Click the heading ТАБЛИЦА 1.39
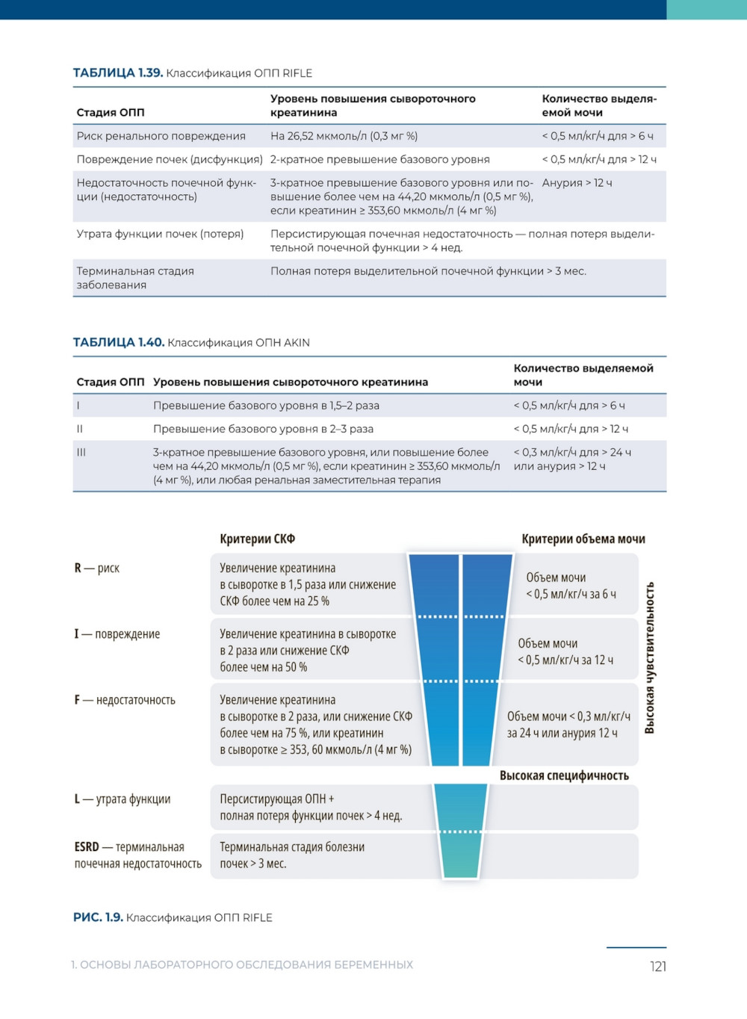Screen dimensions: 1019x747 pyautogui.click(x=117, y=73)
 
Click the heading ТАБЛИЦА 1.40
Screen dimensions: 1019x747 pyautogui.click(x=118, y=343)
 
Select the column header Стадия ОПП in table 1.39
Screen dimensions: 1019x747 pyautogui.click(x=111, y=113)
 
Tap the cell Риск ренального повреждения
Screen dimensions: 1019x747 pyautogui.click(x=161, y=136)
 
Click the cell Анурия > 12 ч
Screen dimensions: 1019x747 pyautogui.click(x=577, y=183)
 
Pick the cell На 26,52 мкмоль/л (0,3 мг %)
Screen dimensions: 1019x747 pyautogui.click(x=344, y=136)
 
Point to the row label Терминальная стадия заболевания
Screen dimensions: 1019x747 pyautogui.click(x=134, y=278)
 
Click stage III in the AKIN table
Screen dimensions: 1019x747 pyautogui.click(x=81, y=453)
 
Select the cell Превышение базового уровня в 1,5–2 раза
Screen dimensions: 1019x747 pyautogui.click(x=266, y=406)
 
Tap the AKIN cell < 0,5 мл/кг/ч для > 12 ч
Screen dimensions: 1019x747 pyautogui.click(x=571, y=429)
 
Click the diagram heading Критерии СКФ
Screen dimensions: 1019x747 pyautogui.click(x=257, y=539)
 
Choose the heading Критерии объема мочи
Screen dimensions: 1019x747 pyautogui.click(x=583, y=539)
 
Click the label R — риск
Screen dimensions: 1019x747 pyautogui.click(x=96, y=569)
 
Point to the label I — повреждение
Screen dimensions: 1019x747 pyautogui.click(x=117, y=634)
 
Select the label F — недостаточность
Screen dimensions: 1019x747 pyautogui.click(x=125, y=700)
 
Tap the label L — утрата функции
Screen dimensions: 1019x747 pyautogui.click(x=122, y=799)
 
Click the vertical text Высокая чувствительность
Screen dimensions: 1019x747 pyautogui.click(x=650, y=657)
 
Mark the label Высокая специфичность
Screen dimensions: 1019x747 pyautogui.click(x=564, y=776)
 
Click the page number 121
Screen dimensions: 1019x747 pyautogui.click(x=657, y=967)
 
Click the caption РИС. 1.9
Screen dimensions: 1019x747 pyautogui.click(x=98, y=917)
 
